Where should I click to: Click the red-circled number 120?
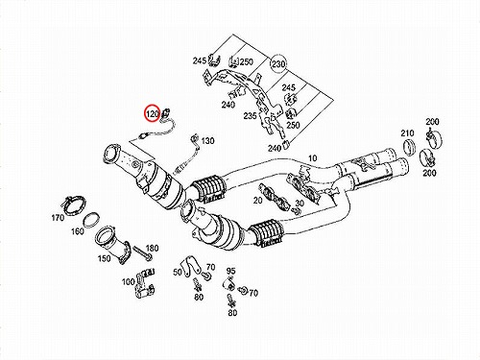(153, 113)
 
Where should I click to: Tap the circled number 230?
(278, 64)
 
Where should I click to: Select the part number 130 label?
(207, 141)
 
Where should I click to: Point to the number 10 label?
(312, 158)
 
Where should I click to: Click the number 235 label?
(250, 116)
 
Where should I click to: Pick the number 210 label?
(407, 133)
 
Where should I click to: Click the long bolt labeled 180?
(141, 252)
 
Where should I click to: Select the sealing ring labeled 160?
(91, 220)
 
